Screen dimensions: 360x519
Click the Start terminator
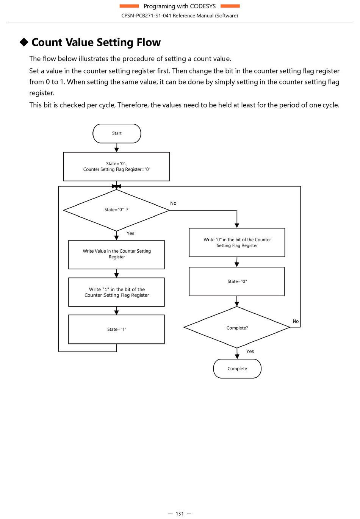[x=117, y=133]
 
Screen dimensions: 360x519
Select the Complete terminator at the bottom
[x=237, y=368]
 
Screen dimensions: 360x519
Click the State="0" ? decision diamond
[x=116, y=210]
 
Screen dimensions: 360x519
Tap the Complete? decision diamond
[x=237, y=327]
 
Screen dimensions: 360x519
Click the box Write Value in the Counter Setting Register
[x=116, y=255]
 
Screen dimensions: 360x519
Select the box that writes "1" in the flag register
[x=116, y=292]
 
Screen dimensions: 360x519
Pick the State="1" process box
[x=116, y=329]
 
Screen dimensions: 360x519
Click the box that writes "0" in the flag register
[x=237, y=242]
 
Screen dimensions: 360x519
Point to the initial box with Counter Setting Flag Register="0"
[x=116, y=167]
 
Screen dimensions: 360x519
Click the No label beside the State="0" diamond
[x=173, y=203]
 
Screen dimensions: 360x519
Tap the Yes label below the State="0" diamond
[x=130, y=233]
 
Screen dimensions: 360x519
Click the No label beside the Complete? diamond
[x=296, y=321]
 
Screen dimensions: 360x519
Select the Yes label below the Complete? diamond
[x=250, y=351]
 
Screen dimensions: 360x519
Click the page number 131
[x=180, y=514]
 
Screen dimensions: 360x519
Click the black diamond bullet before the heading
[x=24, y=42]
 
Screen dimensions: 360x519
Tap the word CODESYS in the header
[x=203, y=6]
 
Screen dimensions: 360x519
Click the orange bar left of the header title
[x=129, y=6]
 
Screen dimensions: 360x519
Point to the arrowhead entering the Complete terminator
[x=237, y=357]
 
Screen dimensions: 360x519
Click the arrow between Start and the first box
[x=117, y=148]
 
